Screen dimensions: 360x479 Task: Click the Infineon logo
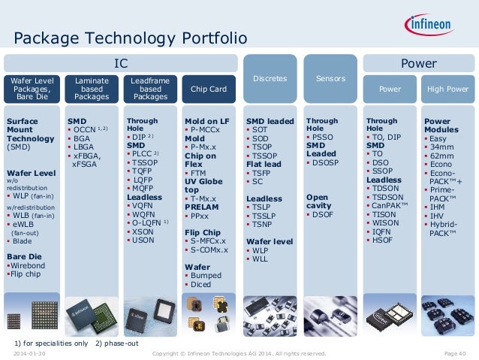(438, 26)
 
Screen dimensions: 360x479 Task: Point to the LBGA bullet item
(83, 149)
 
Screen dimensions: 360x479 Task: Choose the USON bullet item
(143, 240)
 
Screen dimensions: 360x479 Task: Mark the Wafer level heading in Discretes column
(270, 241)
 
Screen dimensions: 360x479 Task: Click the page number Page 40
(455, 353)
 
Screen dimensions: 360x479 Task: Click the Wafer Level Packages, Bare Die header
(32, 87)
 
